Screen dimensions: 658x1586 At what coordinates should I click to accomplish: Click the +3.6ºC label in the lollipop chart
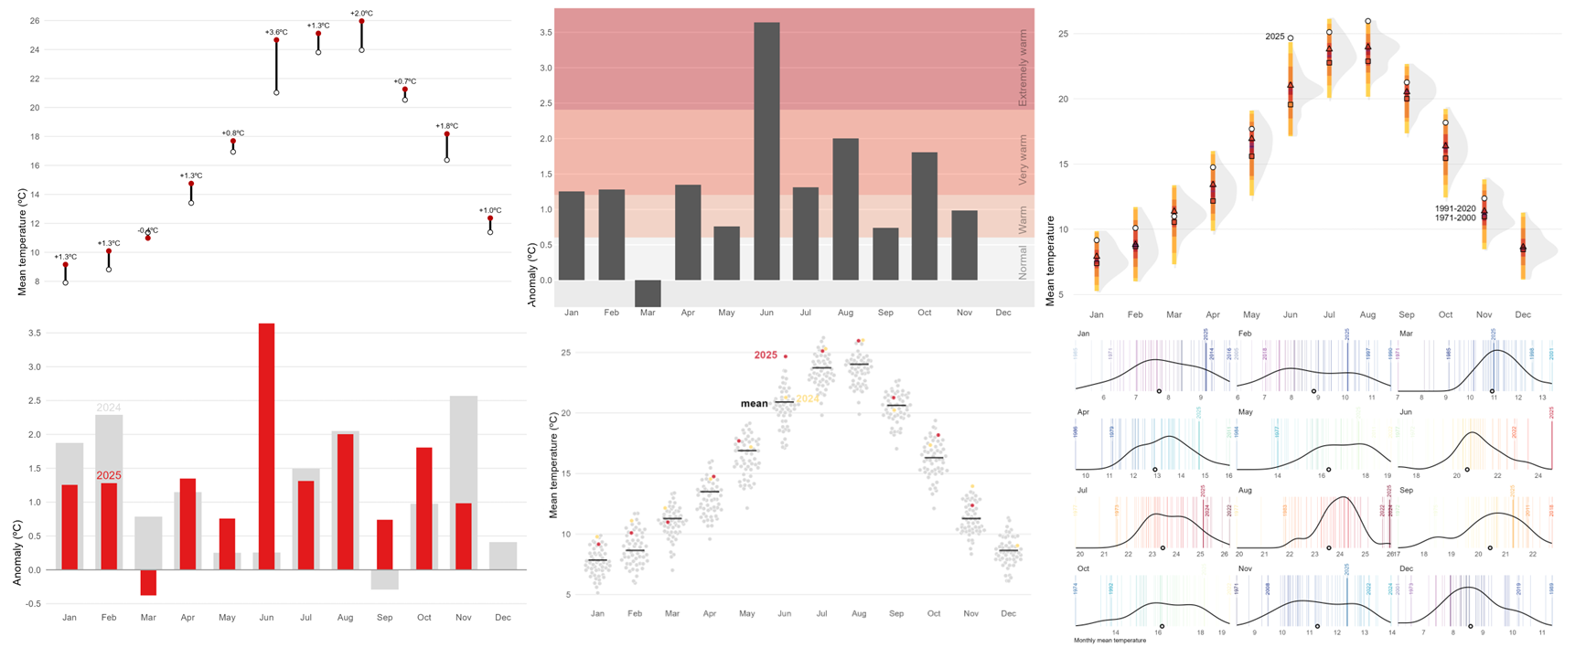click(276, 32)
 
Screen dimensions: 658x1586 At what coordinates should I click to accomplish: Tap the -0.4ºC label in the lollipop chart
click(147, 230)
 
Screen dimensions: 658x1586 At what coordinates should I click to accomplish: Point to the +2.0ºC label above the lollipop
click(361, 14)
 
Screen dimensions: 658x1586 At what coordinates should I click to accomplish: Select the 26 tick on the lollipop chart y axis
click(35, 20)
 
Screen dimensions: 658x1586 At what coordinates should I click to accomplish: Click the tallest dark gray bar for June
click(766, 151)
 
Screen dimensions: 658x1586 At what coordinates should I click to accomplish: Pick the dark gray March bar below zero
click(648, 292)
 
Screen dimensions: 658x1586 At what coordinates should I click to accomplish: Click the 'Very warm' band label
click(1023, 161)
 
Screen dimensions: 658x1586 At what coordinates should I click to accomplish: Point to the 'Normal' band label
click(1023, 261)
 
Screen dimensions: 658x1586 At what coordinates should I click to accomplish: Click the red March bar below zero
click(148, 582)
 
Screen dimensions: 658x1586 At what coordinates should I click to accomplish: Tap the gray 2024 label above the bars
click(109, 408)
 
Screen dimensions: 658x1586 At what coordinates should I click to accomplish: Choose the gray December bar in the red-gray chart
click(502, 556)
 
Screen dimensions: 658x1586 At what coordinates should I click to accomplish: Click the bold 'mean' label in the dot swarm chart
click(754, 403)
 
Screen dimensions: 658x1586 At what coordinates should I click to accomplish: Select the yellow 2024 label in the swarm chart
click(808, 398)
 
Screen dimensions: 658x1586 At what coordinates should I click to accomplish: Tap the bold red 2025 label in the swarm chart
click(766, 355)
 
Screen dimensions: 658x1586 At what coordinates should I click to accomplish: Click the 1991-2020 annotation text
click(1455, 208)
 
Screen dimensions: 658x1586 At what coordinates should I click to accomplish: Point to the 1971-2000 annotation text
click(1455, 218)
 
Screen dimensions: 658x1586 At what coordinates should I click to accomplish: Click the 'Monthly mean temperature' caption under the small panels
click(1109, 640)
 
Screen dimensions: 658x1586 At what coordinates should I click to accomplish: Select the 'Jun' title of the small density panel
click(1406, 412)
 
